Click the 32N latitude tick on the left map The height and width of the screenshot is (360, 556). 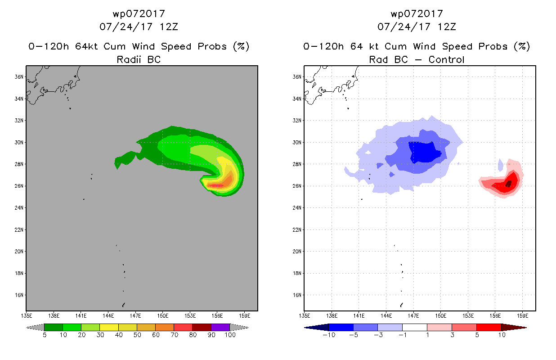click(x=19, y=121)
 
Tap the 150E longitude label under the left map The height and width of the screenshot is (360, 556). click(x=163, y=316)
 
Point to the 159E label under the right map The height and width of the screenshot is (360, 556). click(x=523, y=316)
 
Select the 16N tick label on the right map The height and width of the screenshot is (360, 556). click(x=297, y=295)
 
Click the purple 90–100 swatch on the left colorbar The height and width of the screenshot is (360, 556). click(x=220, y=327)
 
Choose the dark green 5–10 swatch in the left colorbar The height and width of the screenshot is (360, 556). click(x=54, y=327)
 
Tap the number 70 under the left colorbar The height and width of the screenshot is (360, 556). click(x=175, y=335)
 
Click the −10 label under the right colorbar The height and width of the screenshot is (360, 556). click(x=329, y=335)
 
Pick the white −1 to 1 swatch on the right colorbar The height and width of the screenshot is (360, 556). click(x=414, y=327)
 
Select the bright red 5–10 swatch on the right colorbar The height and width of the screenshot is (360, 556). click(x=489, y=327)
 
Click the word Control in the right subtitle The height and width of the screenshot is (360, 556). click(x=446, y=59)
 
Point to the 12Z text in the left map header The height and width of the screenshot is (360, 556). click(x=169, y=27)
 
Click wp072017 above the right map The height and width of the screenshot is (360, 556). click(x=417, y=13)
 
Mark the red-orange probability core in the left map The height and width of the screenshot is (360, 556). click(x=215, y=185)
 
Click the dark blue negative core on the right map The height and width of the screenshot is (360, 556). click(x=425, y=152)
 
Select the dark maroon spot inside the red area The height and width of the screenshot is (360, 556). click(x=508, y=184)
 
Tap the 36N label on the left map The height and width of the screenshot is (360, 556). click(x=19, y=77)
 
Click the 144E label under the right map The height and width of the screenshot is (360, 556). click(x=386, y=316)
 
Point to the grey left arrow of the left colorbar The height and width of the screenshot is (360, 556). click(x=35, y=328)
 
